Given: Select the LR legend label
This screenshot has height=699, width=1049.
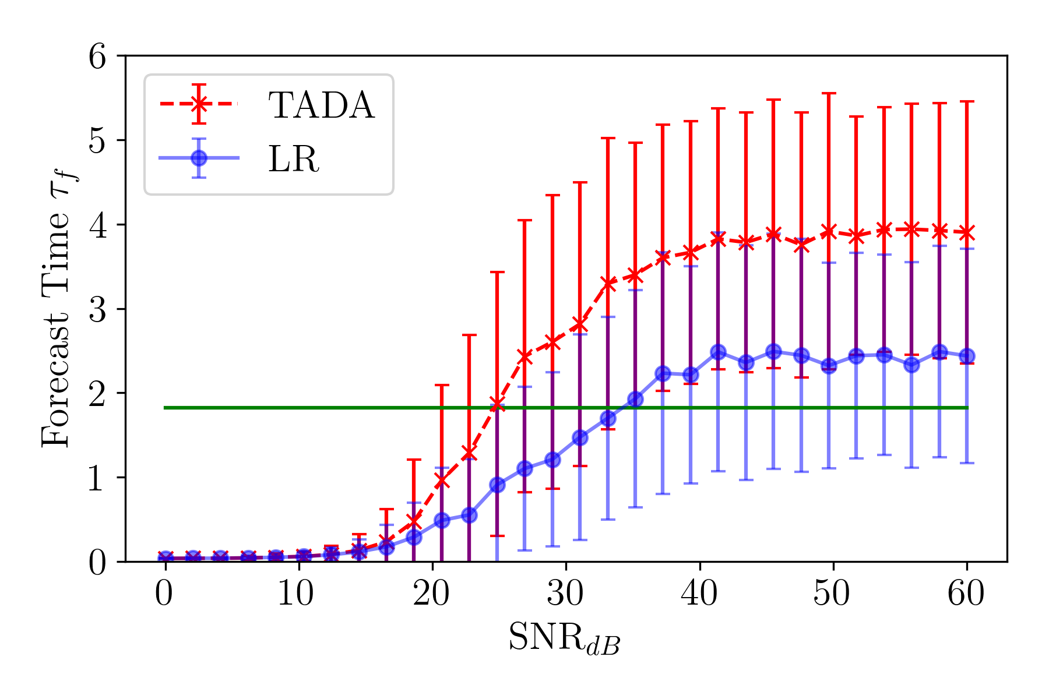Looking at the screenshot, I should coord(294,159).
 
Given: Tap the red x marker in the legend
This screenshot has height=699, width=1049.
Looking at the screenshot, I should coord(199,104).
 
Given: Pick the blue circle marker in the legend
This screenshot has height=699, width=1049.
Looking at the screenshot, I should coord(199,158).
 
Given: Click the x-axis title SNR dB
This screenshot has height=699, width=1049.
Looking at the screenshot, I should coord(564,638).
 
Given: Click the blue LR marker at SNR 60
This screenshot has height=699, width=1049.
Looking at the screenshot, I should coord(967,356).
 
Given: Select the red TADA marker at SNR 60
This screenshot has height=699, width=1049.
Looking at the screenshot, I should coord(967,233).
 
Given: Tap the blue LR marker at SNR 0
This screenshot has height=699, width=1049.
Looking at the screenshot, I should coord(166,558).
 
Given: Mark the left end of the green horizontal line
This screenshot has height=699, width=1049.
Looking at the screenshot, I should coord(166,408).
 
